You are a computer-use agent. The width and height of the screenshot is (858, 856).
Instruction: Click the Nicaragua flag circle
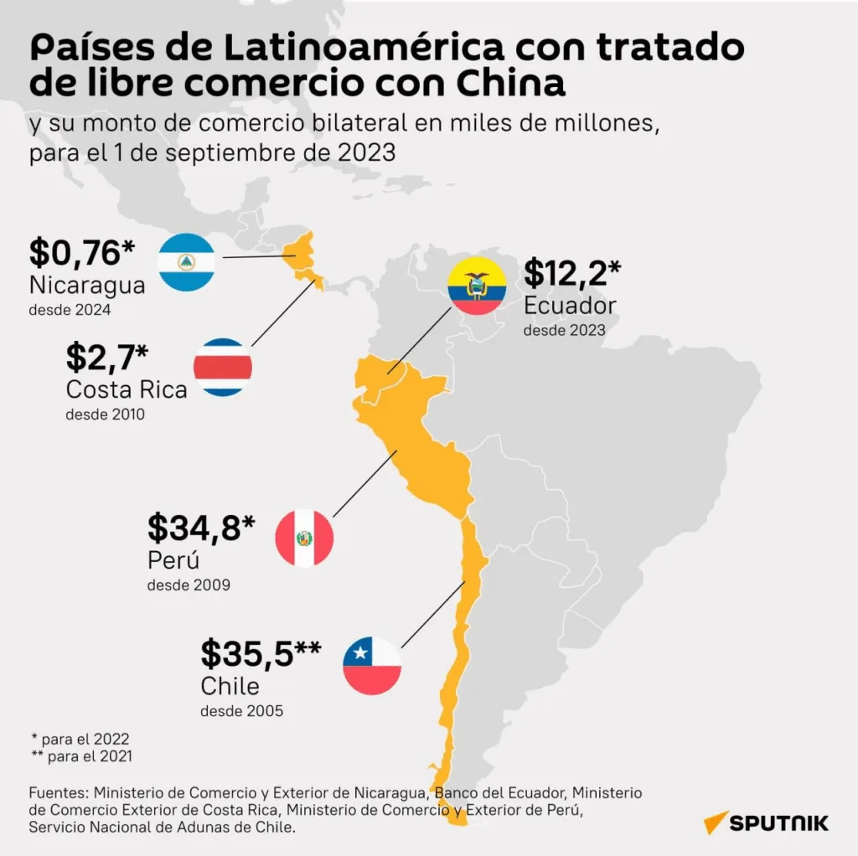pyautogui.click(x=186, y=262)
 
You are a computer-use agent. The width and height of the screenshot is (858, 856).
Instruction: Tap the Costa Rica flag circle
pyautogui.click(x=223, y=367)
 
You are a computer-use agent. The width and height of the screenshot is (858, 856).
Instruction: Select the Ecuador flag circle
pyautogui.click(x=477, y=286)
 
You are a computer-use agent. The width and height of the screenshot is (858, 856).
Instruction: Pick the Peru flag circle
pyautogui.click(x=304, y=539)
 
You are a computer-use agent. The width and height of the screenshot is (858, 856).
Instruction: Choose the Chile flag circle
pyautogui.click(x=372, y=666)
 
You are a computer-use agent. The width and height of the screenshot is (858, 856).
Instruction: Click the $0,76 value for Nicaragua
pyautogui.click(x=81, y=253)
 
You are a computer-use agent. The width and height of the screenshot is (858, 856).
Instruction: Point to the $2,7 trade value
pyautogui.click(x=106, y=357)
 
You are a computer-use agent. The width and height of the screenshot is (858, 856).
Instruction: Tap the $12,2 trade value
pyautogui.click(x=571, y=273)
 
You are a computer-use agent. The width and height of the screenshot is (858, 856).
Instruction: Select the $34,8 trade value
pyautogui.click(x=201, y=528)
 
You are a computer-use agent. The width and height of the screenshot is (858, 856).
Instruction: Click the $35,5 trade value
pyautogui.click(x=261, y=653)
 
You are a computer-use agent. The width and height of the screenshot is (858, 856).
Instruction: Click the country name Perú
pyautogui.click(x=173, y=560)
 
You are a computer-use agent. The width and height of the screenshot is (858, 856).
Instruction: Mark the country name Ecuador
pyautogui.click(x=570, y=306)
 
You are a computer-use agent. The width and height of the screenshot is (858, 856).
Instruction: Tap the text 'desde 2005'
pyautogui.click(x=242, y=711)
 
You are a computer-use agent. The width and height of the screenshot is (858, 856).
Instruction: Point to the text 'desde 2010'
pyautogui.click(x=105, y=415)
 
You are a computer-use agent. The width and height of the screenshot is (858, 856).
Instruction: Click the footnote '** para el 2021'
pyautogui.click(x=82, y=756)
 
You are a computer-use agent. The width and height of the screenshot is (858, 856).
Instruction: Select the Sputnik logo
pyautogui.click(x=766, y=823)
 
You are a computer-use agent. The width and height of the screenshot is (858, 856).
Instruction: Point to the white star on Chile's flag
pyautogui.click(x=359, y=652)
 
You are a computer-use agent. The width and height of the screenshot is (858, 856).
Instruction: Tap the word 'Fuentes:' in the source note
pyautogui.click(x=59, y=793)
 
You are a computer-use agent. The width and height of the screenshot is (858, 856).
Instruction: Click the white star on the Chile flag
pyautogui.click(x=359, y=652)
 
